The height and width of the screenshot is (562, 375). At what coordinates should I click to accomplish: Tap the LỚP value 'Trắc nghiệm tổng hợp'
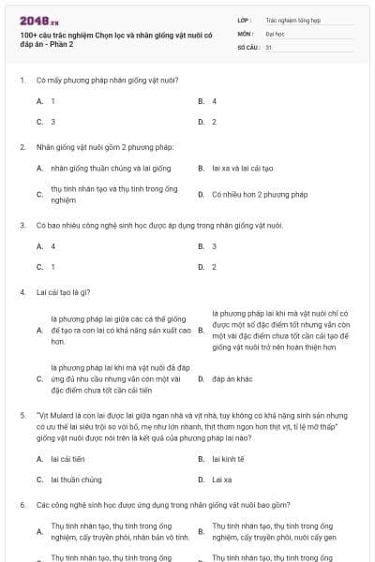[290, 19]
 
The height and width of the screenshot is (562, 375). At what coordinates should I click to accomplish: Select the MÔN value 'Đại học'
[276, 32]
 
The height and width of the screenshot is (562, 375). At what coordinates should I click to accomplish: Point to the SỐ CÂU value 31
[269, 46]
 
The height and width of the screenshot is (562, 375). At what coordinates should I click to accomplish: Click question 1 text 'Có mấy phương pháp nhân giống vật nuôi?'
[108, 80]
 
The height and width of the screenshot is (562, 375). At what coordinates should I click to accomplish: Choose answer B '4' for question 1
[215, 100]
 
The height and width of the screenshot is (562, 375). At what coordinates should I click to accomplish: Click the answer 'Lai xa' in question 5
[222, 480]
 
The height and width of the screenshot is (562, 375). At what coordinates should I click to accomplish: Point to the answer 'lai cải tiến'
[68, 459]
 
